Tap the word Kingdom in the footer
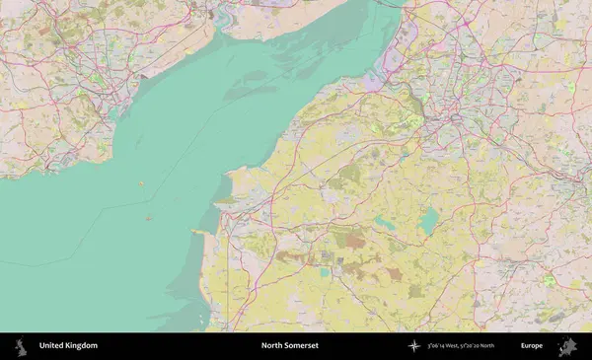pyautogui.click(x=82, y=346)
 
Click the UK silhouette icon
pyautogui.click(x=19, y=346)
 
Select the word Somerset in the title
pyautogui.click(x=304, y=346)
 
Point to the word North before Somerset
pyautogui.click(x=273, y=346)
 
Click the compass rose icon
pyautogui.click(x=414, y=346)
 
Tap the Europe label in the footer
pyautogui.click(x=532, y=346)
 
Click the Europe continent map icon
pyautogui.click(x=567, y=346)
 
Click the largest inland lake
pyautogui.click(x=428, y=221)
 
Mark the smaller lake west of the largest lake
pyautogui.click(x=384, y=224)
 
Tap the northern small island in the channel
pyautogui.click(x=142, y=182)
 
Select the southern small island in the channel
pyautogui.click(x=149, y=218)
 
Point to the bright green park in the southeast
pyautogui.click(x=548, y=281)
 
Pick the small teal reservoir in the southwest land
pyautogui.click(x=325, y=272)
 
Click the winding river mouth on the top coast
pyautogui.click(x=223, y=14)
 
